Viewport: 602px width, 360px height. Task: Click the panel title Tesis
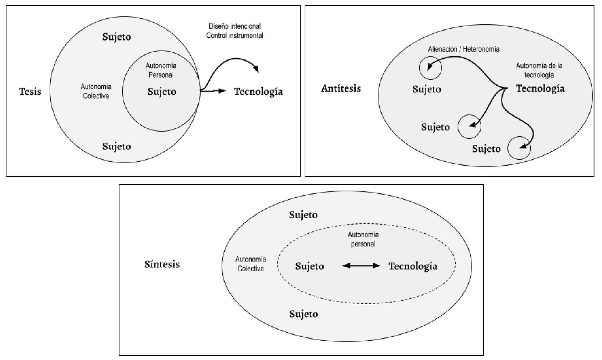click(30, 91)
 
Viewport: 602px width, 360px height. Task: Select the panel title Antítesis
click(341, 88)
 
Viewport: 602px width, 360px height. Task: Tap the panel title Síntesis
click(162, 264)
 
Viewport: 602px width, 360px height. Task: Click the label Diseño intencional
click(234, 26)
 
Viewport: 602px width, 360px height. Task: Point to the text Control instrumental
click(234, 36)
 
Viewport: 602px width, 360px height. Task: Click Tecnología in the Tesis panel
click(258, 92)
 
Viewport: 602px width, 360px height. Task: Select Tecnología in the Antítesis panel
click(540, 88)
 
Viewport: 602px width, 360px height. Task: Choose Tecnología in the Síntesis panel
click(413, 266)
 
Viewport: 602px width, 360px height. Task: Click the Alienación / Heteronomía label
click(464, 49)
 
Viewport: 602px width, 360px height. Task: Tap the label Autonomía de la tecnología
click(539, 70)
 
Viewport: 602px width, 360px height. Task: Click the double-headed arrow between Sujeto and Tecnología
click(361, 265)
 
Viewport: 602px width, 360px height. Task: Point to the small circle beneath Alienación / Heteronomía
click(430, 68)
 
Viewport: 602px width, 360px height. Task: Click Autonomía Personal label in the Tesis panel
click(161, 70)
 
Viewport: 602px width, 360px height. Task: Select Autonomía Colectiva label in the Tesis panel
click(96, 91)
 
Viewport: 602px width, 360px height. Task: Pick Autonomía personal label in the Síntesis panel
click(363, 239)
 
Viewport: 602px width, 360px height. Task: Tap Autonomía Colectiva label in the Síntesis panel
click(250, 264)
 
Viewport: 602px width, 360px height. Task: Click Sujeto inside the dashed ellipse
click(309, 266)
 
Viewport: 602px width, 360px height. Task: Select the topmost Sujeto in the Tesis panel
click(116, 37)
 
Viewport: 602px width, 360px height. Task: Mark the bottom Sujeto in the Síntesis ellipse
click(303, 314)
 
